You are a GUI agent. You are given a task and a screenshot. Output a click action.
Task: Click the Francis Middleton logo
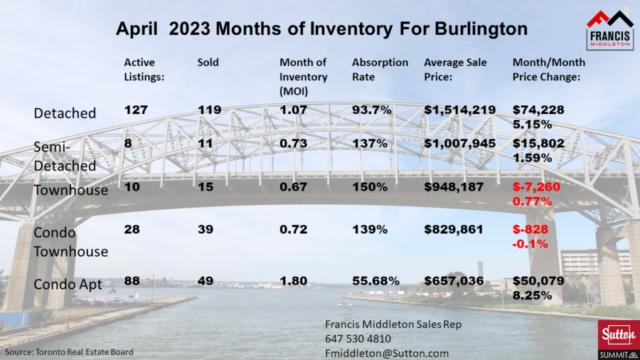(609, 29)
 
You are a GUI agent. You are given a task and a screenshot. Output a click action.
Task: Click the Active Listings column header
(144, 70)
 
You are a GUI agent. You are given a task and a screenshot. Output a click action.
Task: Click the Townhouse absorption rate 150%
(370, 189)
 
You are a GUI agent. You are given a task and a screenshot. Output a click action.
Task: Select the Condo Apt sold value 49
(206, 281)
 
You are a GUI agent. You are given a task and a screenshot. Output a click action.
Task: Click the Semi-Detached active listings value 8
(128, 143)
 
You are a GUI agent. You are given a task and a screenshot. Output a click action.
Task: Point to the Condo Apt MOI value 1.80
(294, 281)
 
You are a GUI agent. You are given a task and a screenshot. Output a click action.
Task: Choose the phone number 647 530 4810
(358, 339)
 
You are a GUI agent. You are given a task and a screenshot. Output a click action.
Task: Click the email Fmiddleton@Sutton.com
(387, 352)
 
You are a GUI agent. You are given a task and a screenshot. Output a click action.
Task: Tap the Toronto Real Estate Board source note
(68, 351)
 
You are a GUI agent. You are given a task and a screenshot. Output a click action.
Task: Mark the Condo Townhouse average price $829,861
(454, 229)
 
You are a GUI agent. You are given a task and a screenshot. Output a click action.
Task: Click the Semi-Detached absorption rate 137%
(370, 143)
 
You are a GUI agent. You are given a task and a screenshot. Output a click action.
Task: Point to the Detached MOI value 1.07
(294, 110)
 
